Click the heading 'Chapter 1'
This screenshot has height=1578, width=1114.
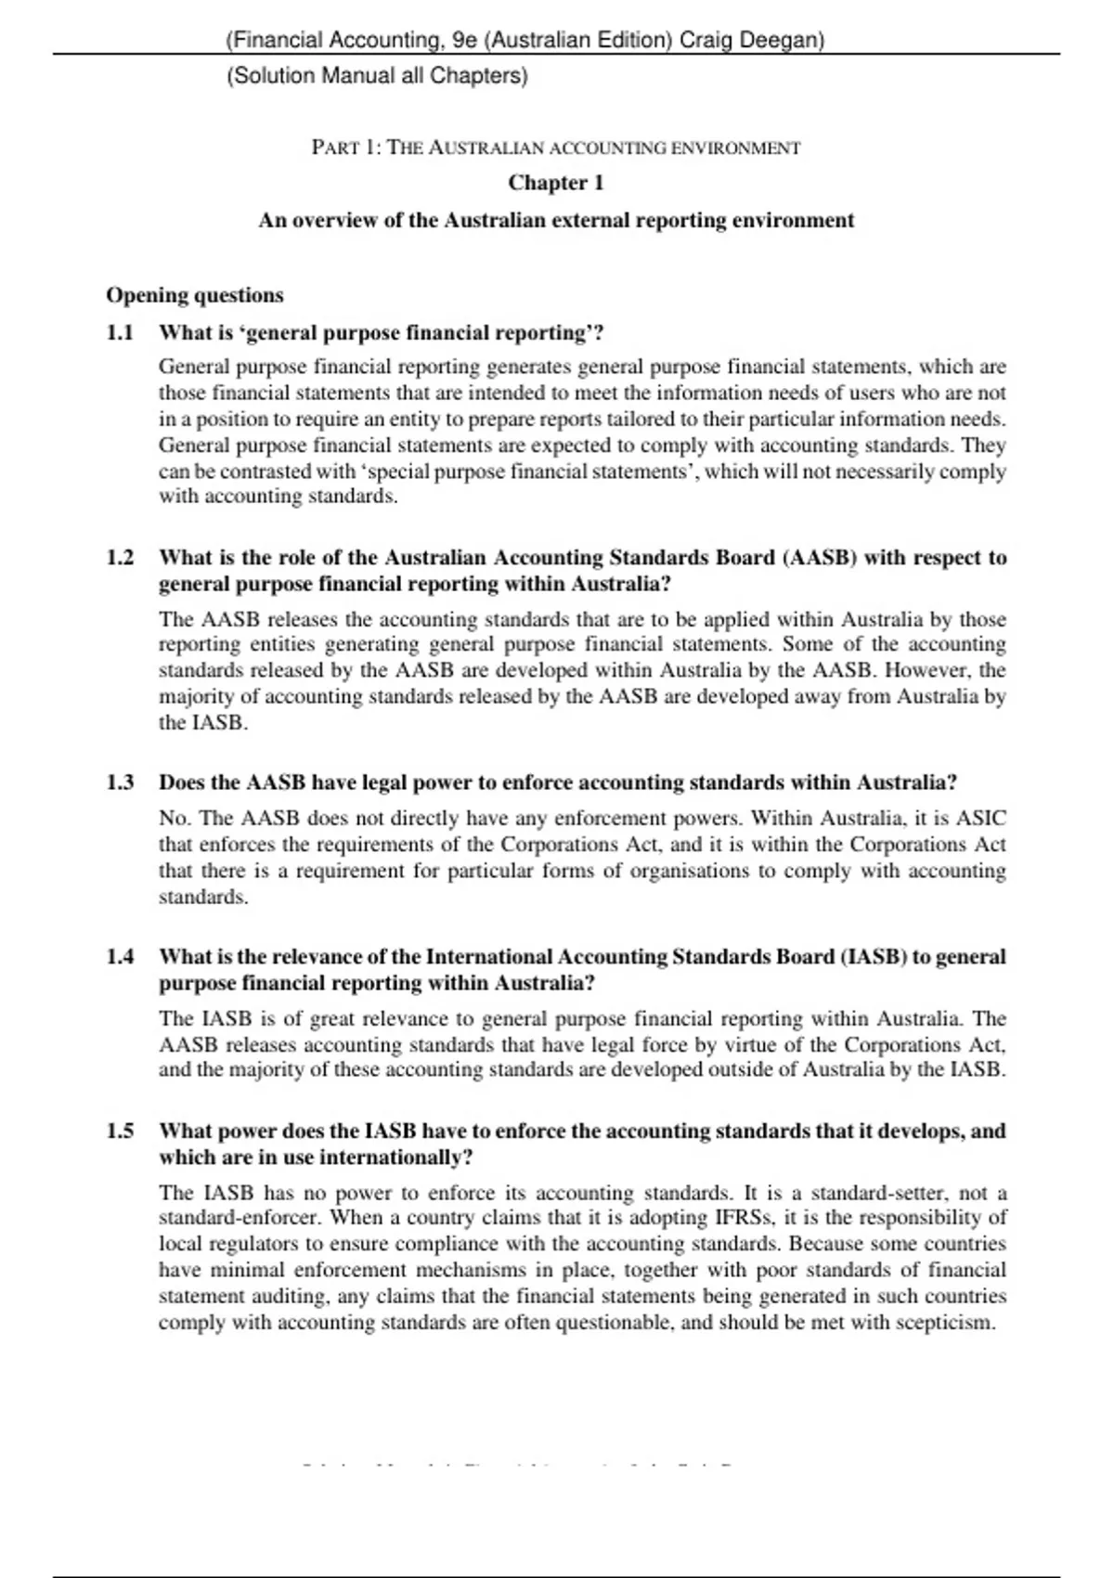pos(555,183)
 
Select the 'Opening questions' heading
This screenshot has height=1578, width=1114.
pos(195,295)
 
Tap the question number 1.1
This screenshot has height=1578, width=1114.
pos(120,332)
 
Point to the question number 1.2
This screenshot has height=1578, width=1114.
pos(120,558)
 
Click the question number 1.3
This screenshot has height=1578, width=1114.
pos(120,783)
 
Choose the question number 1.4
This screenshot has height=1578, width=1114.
pos(120,957)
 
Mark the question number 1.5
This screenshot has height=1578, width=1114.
pos(120,1132)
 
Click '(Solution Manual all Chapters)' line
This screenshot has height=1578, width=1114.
pos(377,76)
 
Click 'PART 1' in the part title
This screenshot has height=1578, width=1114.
pos(345,148)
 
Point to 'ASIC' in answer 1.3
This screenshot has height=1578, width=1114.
pos(980,819)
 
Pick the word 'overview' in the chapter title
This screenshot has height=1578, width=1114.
pos(335,221)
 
